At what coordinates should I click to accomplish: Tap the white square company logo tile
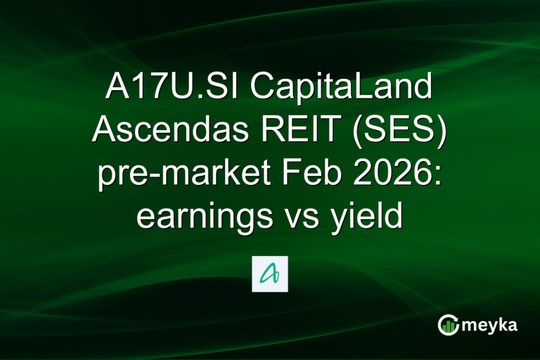[x=270, y=274]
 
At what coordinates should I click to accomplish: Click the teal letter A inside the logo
[x=270, y=274]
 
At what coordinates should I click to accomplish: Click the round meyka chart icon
[x=449, y=324]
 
